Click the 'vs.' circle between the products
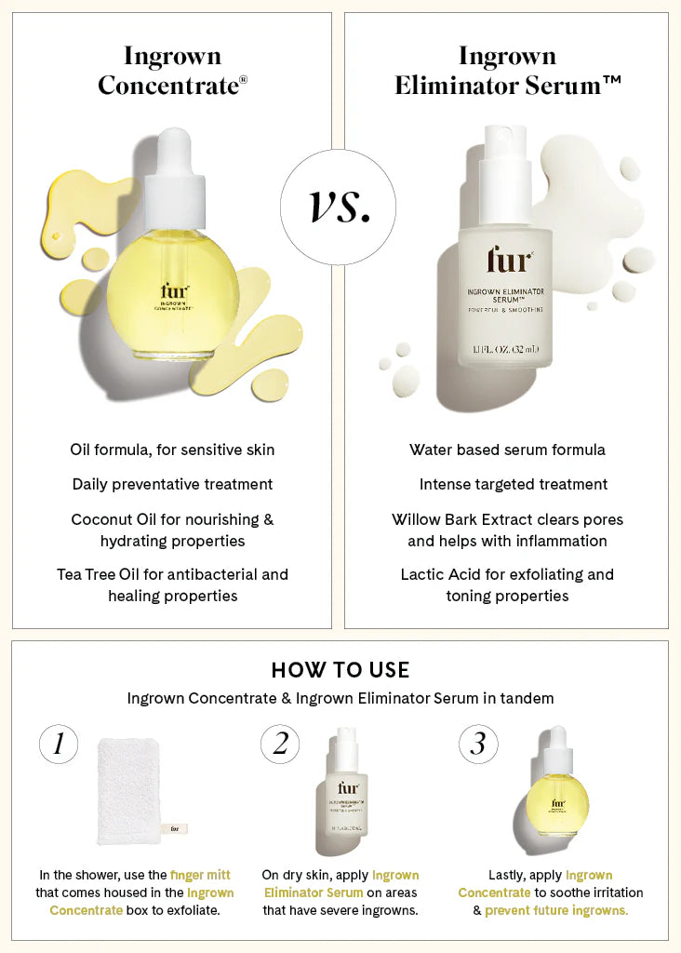338,207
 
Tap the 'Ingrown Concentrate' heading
172,71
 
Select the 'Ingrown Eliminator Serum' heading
507,71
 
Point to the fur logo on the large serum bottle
509,261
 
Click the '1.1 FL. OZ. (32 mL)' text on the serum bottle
505,350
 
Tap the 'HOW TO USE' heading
340,670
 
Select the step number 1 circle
59,744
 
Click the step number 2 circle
280,744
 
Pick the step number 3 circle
478,744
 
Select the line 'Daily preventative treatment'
172,484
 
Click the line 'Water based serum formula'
507,450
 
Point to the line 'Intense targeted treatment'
513,484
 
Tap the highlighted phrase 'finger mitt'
200,875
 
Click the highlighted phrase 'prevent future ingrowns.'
556,910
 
